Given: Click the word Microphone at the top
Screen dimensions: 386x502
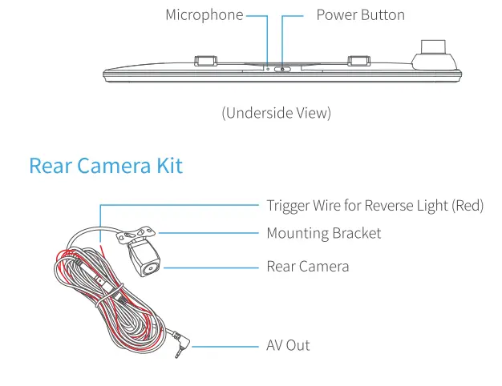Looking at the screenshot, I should point(204,15).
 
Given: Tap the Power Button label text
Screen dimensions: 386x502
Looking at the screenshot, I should point(360,15).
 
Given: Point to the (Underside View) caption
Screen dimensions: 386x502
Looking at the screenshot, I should point(276,113).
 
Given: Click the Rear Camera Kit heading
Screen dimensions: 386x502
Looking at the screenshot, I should point(106,166).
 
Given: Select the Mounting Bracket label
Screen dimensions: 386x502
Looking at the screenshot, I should point(323,233).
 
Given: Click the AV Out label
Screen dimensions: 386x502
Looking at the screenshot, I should point(288,345).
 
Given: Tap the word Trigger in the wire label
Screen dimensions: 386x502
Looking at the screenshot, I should point(289,206).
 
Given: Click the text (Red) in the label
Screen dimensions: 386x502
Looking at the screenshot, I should point(468,206).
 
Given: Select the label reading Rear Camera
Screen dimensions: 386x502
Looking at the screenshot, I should point(307,266).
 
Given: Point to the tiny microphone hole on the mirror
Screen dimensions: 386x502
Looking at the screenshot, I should point(268,68).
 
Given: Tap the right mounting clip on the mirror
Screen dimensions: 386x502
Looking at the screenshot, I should point(358,61).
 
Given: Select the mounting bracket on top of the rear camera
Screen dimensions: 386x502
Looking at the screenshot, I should point(138,234).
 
